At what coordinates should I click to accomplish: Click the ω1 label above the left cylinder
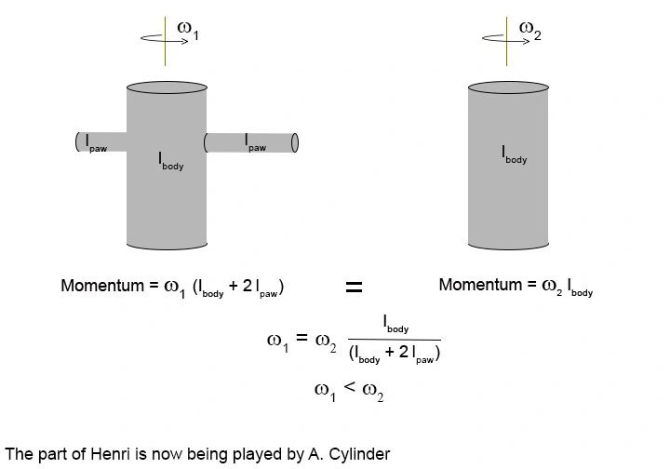coord(189,31)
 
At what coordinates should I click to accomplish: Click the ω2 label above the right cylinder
coord(529,31)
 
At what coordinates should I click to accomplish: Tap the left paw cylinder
coord(101,142)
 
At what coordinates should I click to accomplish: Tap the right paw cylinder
coord(250,142)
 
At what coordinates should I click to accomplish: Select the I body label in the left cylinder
coord(169,161)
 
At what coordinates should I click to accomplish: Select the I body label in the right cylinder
coord(514,154)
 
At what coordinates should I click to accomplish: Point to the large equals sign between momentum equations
coord(354,288)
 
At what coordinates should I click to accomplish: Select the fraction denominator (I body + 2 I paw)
coord(394,354)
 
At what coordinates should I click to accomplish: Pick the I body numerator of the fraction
coord(395,325)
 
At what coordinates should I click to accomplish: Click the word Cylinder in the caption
coord(357,454)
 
